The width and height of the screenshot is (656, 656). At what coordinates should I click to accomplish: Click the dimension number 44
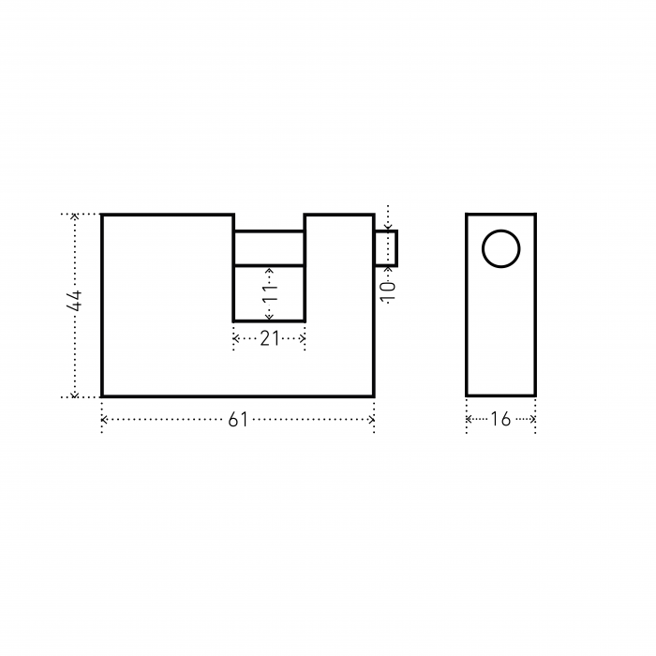pos(74,301)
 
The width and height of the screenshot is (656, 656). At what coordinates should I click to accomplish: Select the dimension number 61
pos(238,420)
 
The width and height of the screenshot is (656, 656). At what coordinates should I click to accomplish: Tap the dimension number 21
pos(270,338)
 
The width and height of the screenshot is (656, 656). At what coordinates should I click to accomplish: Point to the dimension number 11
pos(270,293)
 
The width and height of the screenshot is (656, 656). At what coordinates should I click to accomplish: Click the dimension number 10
pos(388,291)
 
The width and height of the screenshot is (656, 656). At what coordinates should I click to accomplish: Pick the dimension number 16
pos(500,419)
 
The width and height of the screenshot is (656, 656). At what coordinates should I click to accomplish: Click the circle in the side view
pos(500,231)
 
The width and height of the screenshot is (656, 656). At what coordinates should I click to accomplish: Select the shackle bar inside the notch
pos(269,248)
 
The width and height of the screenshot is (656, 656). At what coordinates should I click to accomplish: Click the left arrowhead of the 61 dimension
pos(104,419)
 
